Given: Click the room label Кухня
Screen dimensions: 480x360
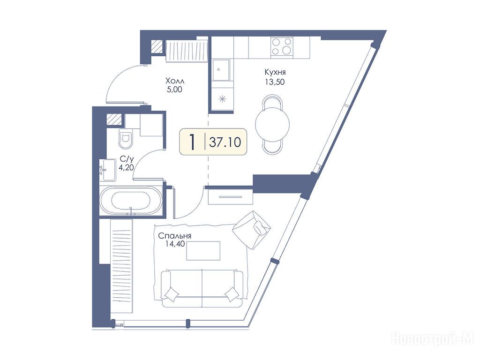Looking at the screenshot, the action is (x=275, y=72).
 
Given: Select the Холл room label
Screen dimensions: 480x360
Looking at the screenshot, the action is (x=175, y=81).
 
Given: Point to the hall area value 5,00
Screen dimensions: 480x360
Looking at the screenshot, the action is (x=175, y=90).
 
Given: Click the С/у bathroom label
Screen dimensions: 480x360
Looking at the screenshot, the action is (x=127, y=159).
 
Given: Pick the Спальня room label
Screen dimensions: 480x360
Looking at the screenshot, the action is (x=175, y=236).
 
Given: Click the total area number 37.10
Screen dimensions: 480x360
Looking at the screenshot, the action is (x=225, y=142).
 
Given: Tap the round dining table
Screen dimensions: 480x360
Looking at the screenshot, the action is (x=272, y=123).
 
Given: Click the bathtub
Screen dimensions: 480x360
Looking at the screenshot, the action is (x=131, y=201).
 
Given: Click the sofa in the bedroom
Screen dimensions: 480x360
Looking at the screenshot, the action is (x=202, y=288).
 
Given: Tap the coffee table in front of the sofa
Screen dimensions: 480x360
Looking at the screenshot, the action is (x=203, y=251).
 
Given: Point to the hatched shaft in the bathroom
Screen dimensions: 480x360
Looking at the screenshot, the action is (x=114, y=120).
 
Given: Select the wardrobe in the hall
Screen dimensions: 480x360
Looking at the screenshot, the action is (x=187, y=51).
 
